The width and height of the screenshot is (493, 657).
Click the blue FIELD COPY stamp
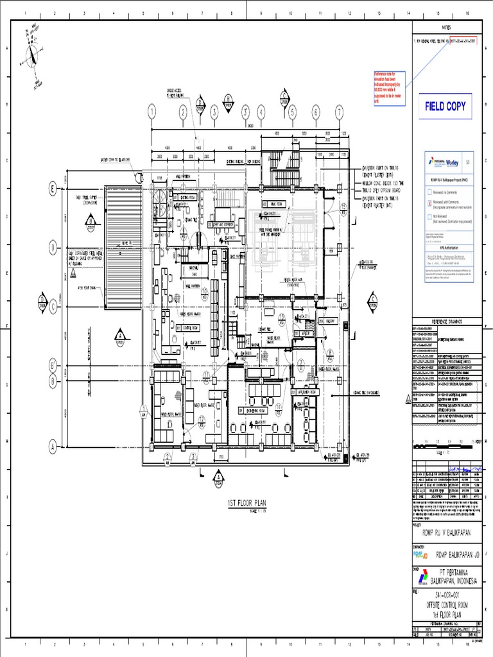(x=445, y=107)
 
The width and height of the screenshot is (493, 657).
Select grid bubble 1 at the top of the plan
(x=152, y=112)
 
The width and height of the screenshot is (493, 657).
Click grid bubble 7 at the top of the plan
(x=339, y=112)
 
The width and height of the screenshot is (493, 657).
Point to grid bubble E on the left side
(x=53, y=188)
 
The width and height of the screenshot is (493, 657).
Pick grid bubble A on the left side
(x=53, y=445)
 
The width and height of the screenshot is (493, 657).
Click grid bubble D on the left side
(x=53, y=248)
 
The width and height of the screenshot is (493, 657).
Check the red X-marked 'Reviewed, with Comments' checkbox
(x=429, y=201)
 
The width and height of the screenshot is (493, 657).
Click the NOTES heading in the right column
(x=446, y=28)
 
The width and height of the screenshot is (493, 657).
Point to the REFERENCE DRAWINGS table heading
(x=446, y=321)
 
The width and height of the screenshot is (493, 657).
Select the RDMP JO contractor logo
(x=420, y=554)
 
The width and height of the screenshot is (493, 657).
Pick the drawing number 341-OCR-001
(x=446, y=595)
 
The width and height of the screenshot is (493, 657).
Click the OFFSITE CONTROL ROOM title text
(x=446, y=604)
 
